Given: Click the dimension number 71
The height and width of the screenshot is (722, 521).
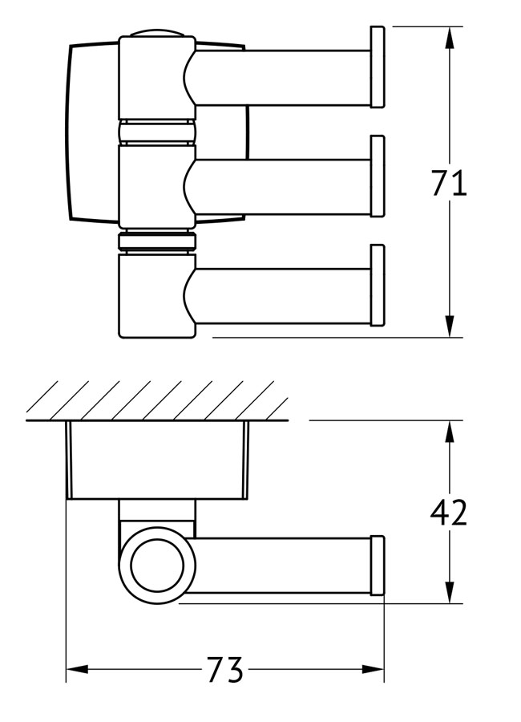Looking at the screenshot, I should point(449,184).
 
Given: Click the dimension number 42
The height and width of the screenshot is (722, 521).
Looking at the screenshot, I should point(448,512).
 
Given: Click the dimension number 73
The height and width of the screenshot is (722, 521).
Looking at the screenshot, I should point(225,668).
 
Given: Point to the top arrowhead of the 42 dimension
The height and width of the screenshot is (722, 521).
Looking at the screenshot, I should point(450,432).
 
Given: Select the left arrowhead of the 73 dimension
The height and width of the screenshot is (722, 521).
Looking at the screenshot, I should point(76,668).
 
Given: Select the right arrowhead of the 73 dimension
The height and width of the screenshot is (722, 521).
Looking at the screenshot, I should point(374,668).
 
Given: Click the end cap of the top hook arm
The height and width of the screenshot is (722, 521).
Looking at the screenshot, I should point(377,67).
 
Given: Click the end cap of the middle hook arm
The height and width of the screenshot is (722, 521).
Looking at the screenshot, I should point(377,176).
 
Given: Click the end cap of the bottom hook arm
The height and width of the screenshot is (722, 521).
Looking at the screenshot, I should point(377,286).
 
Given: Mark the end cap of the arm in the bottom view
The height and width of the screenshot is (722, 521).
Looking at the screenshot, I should point(377,566).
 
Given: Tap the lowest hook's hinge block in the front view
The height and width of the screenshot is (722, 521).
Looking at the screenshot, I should point(152,294).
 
